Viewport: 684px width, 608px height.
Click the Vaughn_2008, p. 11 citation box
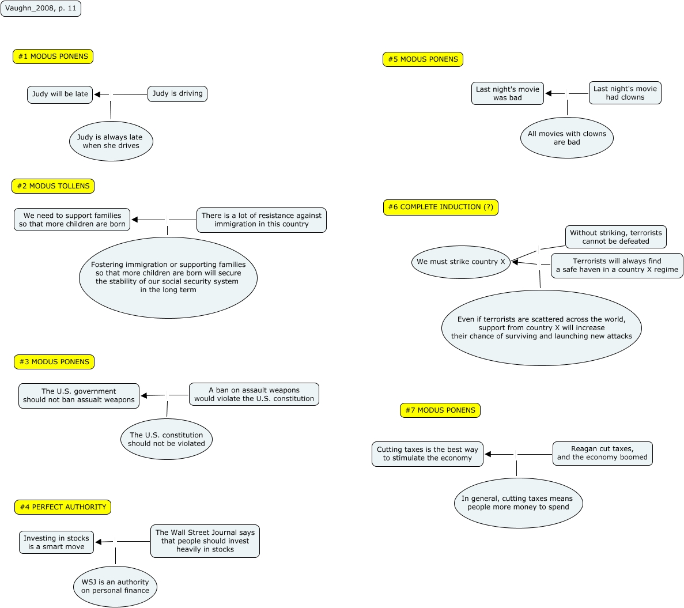coord(41,9)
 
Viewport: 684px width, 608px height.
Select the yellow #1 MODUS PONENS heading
coord(53,56)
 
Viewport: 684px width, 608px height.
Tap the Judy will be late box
coord(60,95)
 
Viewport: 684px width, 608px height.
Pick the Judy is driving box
coord(177,93)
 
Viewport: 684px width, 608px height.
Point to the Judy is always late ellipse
coord(111,141)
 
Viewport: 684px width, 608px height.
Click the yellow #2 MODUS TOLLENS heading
coord(53,186)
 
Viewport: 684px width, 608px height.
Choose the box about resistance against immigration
coord(261,220)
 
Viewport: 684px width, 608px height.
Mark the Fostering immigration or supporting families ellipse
coord(168,278)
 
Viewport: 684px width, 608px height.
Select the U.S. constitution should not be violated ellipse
coord(167,439)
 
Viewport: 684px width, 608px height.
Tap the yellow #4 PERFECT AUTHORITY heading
coord(63,507)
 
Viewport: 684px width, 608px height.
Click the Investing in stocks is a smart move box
coord(56,542)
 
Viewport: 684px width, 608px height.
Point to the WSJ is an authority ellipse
coord(115,586)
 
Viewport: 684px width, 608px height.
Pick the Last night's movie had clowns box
coord(625,93)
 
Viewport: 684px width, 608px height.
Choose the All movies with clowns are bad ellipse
coord(567,138)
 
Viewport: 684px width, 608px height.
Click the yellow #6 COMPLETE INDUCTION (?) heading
coord(440,207)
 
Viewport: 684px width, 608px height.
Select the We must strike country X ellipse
coord(460,262)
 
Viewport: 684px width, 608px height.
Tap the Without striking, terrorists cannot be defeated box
coord(615,237)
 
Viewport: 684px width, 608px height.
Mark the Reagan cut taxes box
coord(602,453)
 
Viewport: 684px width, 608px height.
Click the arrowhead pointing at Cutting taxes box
coord(488,454)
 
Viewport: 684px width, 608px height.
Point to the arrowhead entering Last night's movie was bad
coord(549,93)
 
